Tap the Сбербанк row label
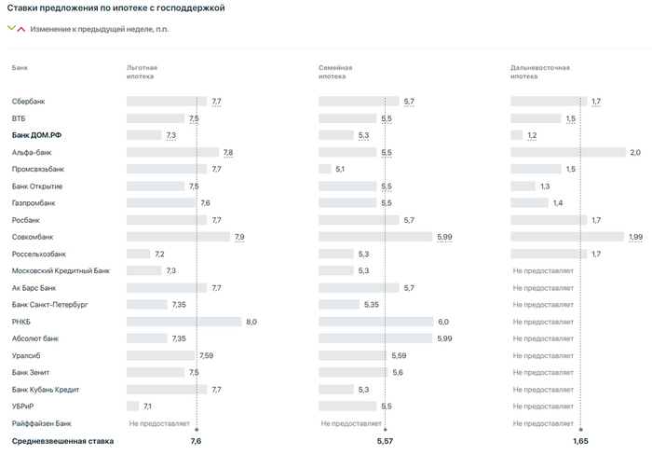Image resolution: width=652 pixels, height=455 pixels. click(29, 101)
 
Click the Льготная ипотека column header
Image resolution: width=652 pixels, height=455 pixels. click(142, 72)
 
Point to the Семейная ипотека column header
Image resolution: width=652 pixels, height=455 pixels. click(335, 72)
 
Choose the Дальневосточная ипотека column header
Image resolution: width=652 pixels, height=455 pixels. click(539, 72)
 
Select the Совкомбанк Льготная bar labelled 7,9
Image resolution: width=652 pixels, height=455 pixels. click(178, 237)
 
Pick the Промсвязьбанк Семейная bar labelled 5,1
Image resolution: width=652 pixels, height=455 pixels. click(325, 169)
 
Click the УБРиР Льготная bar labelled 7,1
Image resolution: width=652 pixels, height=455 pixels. click(132, 407)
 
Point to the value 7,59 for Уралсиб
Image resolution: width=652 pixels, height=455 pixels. click(207, 355)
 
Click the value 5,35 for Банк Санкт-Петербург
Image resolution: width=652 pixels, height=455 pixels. click(371, 305)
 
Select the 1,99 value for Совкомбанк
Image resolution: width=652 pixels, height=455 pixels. click(635, 237)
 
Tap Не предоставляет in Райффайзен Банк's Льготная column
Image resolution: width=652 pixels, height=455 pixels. click(159, 423)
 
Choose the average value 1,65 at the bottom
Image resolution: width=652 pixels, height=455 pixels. click(579, 441)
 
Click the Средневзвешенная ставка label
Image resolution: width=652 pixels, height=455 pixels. click(62, 441)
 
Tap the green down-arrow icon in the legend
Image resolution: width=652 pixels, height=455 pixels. click(11, 28)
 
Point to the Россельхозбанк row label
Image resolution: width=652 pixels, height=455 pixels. click(38, 254)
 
